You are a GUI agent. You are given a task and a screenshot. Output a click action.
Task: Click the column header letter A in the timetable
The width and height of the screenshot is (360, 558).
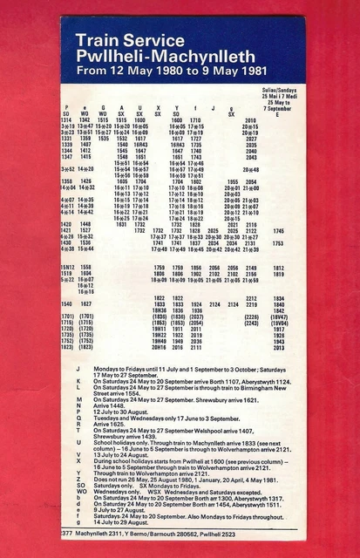122,106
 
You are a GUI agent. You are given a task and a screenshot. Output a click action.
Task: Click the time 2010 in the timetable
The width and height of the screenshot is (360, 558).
251,119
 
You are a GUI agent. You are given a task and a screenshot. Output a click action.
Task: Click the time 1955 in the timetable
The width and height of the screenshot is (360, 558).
232,181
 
